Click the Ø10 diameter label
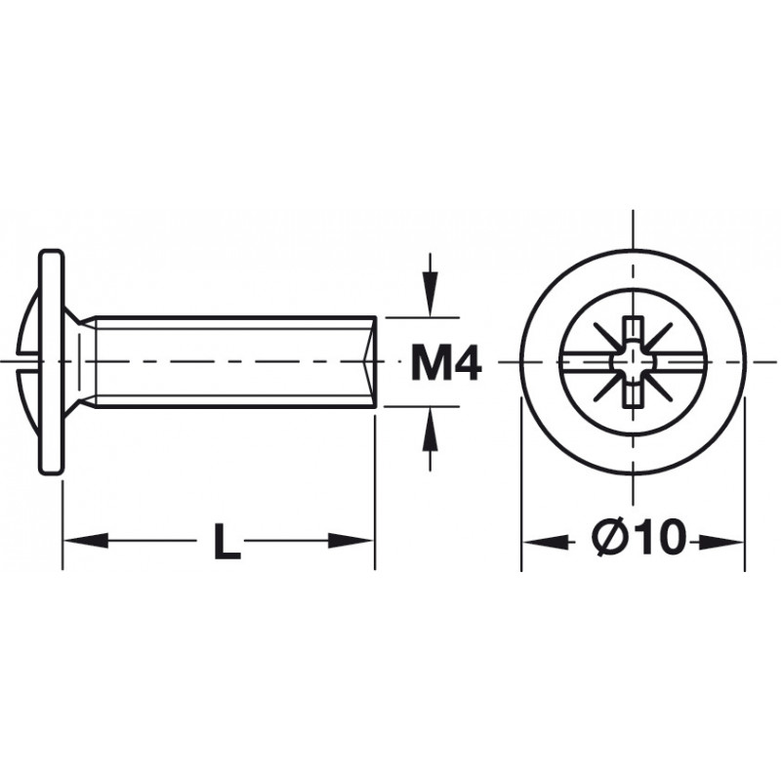click(x=639, y=538)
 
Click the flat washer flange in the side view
click(x=52, y=362)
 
